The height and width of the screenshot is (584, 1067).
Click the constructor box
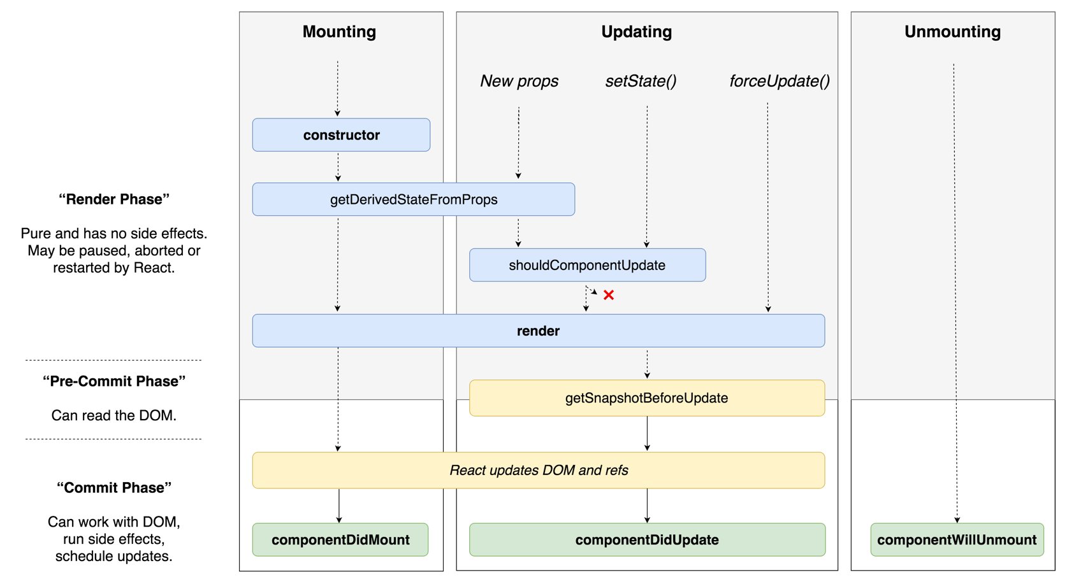[341, 135]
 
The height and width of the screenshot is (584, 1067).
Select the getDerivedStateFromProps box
[413, 199]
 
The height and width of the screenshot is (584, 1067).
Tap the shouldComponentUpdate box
[587, 265]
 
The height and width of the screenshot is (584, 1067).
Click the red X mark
[609, 295]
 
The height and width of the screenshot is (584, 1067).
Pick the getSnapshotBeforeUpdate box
[646, 398]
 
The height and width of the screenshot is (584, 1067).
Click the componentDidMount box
[340, 540]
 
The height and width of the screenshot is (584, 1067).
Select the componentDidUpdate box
[647, 540]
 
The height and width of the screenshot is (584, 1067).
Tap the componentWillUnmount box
[957, 540]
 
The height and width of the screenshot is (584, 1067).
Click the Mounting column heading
[339, 32]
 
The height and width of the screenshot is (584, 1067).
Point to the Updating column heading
[636, 32]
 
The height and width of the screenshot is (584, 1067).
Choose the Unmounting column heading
[952, 32]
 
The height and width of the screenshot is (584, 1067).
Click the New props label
[519, 81]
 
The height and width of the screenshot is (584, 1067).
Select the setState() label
[641, 81]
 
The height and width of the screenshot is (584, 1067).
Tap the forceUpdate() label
[779, 81]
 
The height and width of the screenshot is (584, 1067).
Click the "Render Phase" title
[114, 199]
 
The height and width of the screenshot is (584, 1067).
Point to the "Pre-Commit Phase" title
[114, 381]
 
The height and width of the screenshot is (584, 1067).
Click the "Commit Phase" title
[114, 488]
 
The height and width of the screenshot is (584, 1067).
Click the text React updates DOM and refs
[539, 470]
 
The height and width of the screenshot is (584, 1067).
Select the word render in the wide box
[538, 331]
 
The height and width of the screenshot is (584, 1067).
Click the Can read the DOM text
[114, 415]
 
